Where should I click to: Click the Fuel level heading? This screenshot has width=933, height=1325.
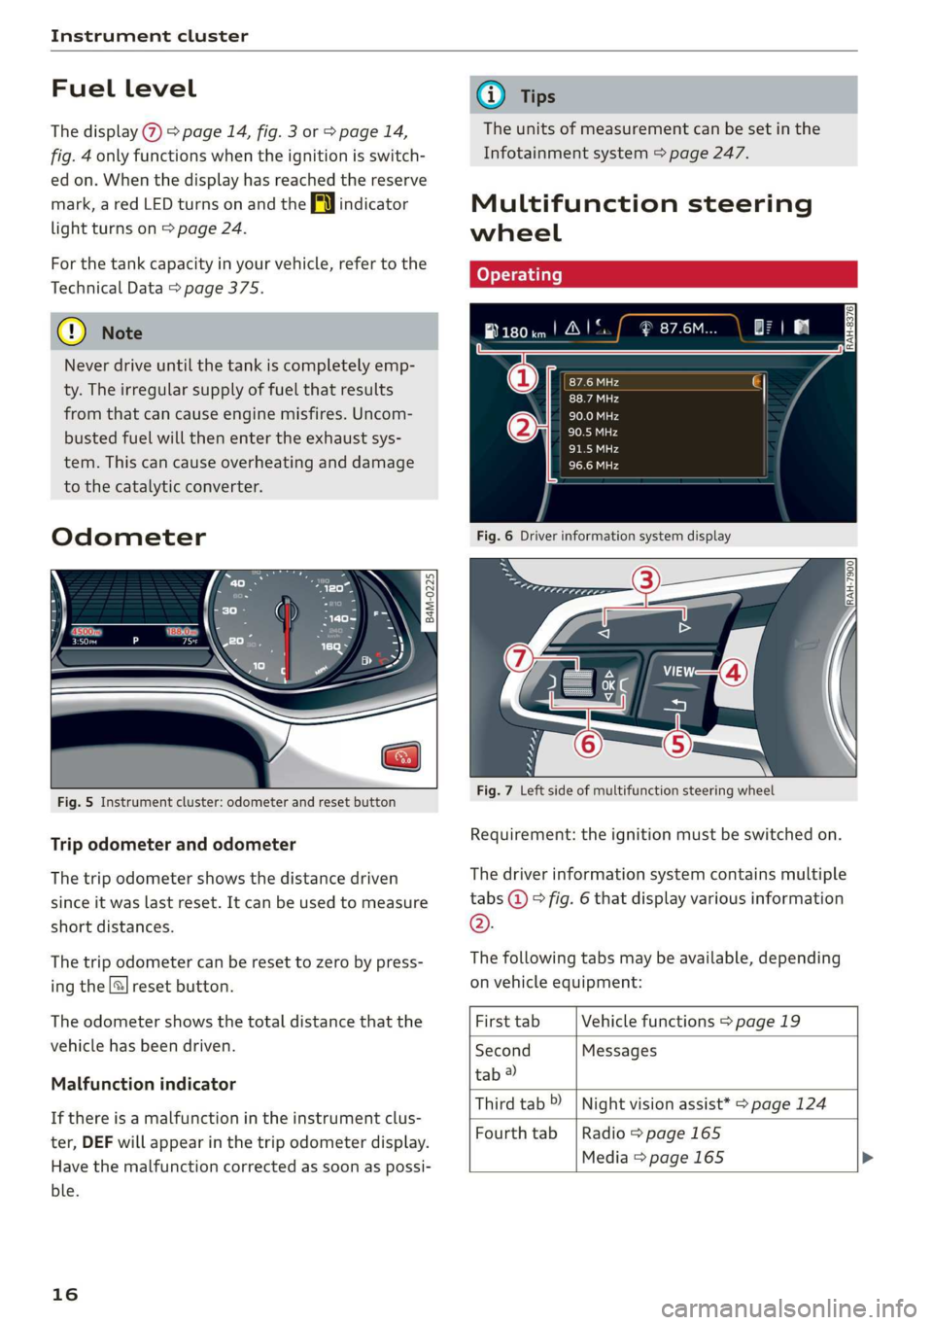point(123,88)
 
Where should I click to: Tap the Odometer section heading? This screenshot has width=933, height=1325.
point(128,537)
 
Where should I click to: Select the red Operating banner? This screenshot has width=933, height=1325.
point(663,274)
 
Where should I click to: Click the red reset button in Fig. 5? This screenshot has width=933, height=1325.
point(401,756)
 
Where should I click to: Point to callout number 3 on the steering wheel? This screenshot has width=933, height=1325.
point(646,580)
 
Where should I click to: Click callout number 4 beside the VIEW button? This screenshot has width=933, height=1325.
point(733,672)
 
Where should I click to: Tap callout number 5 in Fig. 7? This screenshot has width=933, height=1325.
point(677,744)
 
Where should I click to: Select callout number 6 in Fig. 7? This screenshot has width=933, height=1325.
point(588,744)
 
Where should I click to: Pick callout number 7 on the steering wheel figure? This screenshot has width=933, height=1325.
point(519,658)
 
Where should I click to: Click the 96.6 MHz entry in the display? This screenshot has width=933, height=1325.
point(594,466)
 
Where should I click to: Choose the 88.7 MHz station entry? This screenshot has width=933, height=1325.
point(594,399)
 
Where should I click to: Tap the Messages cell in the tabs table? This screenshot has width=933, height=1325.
point(619,1051)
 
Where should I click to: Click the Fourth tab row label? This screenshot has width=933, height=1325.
point(516,1133)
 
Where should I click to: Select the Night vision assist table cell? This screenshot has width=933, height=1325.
point(704,1104)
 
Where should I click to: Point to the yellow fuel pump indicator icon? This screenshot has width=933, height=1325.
point(323,204)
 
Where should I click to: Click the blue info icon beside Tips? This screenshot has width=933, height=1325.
point(491,95)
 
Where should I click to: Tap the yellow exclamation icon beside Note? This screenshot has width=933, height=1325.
point(72,332)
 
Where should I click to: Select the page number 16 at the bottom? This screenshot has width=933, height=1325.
point(65,1294)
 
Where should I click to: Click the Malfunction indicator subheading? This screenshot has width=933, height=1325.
point(143,1084)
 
